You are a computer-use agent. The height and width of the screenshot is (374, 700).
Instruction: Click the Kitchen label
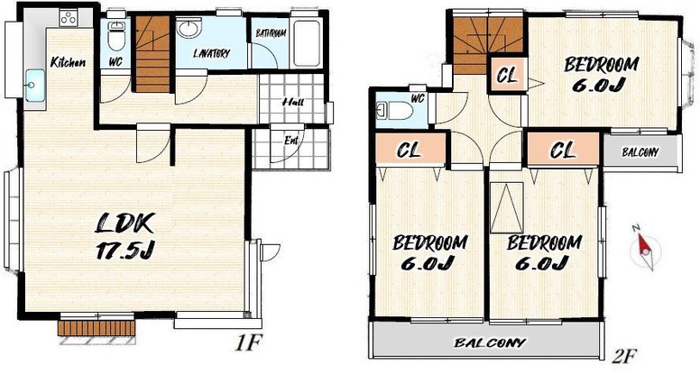(x=68, y=62)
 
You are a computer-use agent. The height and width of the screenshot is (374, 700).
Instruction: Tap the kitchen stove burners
(x=69, y=18)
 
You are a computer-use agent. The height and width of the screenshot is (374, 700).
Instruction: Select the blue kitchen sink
(x=35, y=85)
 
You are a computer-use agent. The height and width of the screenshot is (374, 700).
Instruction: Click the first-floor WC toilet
(x=116, y=36)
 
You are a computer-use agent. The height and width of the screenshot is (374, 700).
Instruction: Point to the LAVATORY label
(x=212, y=54)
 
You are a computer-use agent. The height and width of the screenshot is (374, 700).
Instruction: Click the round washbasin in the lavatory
(x=188, y=29)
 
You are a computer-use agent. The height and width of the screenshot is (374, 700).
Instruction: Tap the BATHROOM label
(x=271, y=33)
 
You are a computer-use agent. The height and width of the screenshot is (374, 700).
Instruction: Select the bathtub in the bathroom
(x=307, y=43)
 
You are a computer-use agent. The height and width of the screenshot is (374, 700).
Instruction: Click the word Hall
(x=293, y=102)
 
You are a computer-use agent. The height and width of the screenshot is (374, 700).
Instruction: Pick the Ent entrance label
(x=291, y=141)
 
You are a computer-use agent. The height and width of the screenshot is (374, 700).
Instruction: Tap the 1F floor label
(x=247, y=343)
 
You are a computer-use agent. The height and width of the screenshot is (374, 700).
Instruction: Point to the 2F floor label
(x=623, y=356)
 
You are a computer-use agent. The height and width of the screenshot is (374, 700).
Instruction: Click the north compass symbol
(x=644, y=248)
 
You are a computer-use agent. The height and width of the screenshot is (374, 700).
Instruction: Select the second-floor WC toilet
(x=395, y=110)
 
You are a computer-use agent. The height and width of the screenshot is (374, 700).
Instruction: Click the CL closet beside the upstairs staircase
(x=508, y=76)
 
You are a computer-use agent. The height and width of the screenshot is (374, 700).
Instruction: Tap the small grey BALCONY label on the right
(x=640, y=152)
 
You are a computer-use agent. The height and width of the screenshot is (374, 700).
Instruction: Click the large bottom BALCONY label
(x=490, y=342)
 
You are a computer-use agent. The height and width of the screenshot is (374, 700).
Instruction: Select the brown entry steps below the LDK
(x=97, y=328)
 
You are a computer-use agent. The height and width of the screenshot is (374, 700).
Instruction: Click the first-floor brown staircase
(x=152, y=54)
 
